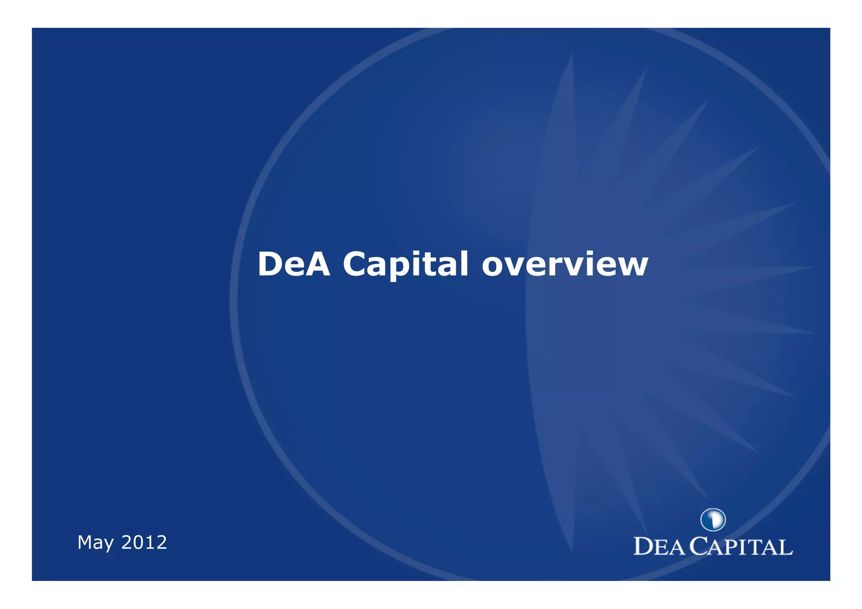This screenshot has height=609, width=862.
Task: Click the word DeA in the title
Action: (x=293, y=264)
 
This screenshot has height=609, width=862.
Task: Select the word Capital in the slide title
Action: (x=405, y=264)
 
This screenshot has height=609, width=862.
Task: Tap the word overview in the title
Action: (x=564, y=264)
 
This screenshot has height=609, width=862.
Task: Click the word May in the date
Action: (x=95, y=543)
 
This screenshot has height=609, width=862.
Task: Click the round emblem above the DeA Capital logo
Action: (x=713, y=519)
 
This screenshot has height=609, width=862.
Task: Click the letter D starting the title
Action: (x=270, y=264)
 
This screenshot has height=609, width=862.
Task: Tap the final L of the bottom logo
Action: (x=786, y=548)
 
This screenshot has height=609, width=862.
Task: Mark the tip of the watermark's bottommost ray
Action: (x=572, y=552)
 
